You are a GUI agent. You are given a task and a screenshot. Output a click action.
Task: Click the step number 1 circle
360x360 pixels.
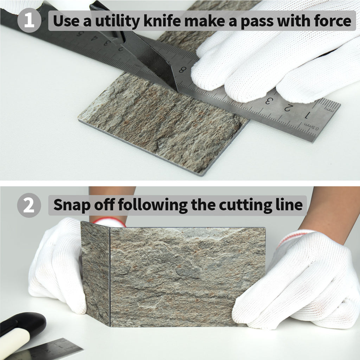(x=29, y=20)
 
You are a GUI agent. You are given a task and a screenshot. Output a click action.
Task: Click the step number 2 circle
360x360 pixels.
(x=29, y=205)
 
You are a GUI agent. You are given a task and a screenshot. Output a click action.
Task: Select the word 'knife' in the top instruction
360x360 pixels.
(x=162, y=21)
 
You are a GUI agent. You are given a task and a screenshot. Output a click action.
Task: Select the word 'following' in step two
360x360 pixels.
(x=153, y=205)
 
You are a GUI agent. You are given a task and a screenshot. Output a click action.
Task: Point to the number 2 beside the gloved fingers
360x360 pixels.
(x=289, y=108)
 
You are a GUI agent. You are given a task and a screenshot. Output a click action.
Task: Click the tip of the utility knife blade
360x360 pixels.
(x=177, y=91)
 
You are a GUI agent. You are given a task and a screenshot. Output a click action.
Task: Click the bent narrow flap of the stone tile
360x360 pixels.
(x=96, y=273)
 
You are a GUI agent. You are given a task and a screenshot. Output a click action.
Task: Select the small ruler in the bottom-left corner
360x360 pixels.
(x=44, y=349)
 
